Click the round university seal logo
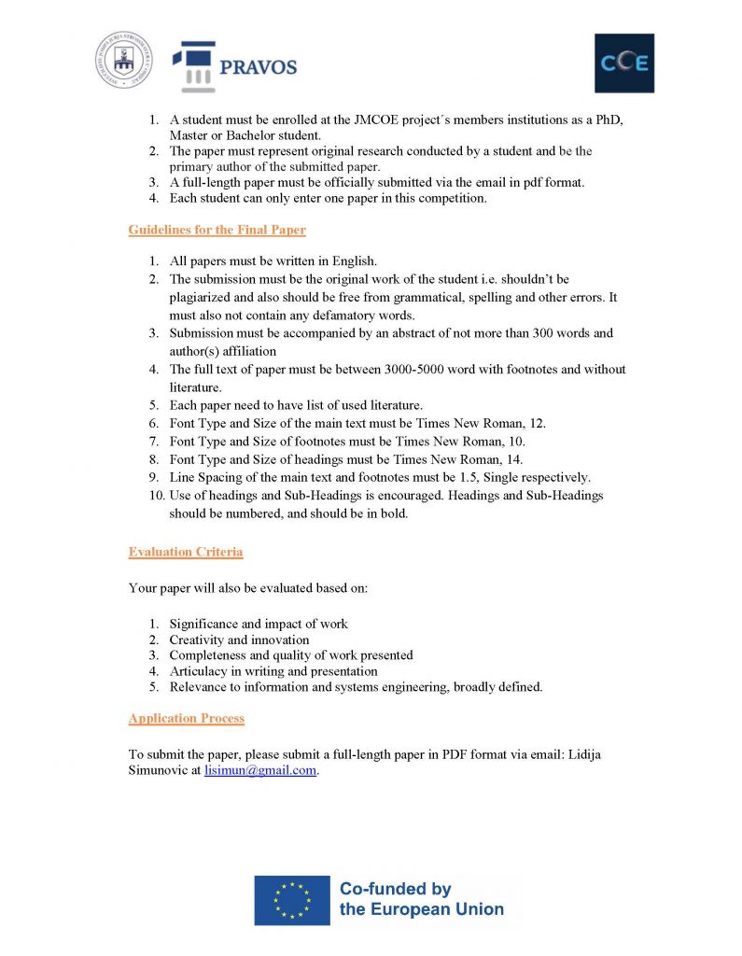coord(122,60)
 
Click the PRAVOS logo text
coord(258,67)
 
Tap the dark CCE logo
coord(624,63)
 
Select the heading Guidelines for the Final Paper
coord(217,230)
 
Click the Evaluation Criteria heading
coord(185,552)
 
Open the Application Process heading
coord(186,718)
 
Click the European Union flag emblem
coord(291,900)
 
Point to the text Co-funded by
coord(395,889)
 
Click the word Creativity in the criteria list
coord(197,640)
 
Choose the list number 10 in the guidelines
coord(156,495)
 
